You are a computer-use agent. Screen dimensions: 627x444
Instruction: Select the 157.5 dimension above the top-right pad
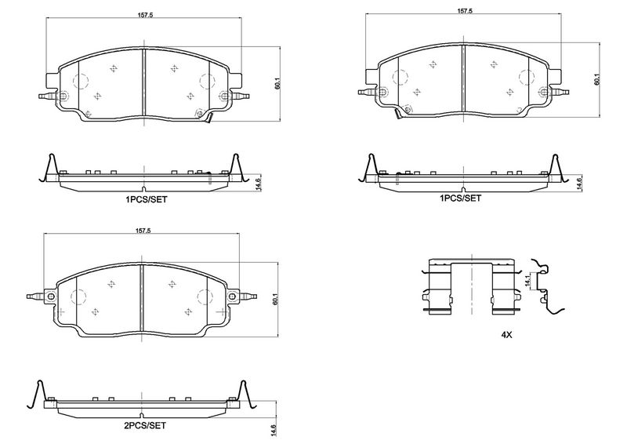(x=465, y=11)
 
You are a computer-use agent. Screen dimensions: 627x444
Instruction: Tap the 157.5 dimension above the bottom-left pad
(x=143, y=230)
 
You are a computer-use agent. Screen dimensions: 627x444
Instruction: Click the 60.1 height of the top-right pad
(x=596, y=79)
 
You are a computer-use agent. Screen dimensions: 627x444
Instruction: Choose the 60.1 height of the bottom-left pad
(x=275, y=300)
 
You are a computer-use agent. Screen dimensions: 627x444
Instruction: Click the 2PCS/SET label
(x=144, y=426)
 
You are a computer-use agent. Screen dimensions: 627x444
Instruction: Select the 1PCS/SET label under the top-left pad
(x=146, y=199)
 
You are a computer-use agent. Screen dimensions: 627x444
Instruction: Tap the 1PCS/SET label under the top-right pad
(x=460, y=198)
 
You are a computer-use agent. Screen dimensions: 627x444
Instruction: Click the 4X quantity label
(x=506, y=335)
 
